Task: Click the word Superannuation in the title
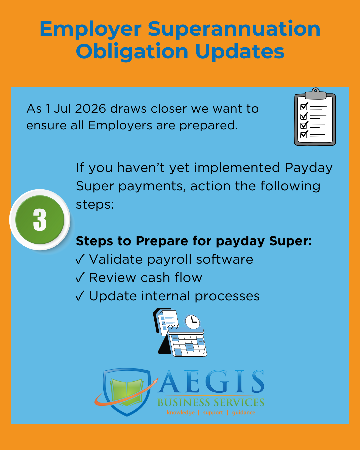point(234,29)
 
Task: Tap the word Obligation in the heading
point(132,52)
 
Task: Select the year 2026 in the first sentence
point(90,109)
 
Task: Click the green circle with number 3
point(40,220)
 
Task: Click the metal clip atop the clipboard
point(315,93)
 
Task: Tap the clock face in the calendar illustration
point(193,321)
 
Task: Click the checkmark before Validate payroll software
point(80,259)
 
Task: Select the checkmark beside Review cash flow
point(80,278)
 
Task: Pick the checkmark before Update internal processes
point(80,296)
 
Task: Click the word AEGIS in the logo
point(211,382)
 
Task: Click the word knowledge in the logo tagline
point(181,413)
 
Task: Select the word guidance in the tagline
point(244,413)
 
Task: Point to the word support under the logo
point(213,413)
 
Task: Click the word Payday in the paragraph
point(309,168)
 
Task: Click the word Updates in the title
point(240,52)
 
